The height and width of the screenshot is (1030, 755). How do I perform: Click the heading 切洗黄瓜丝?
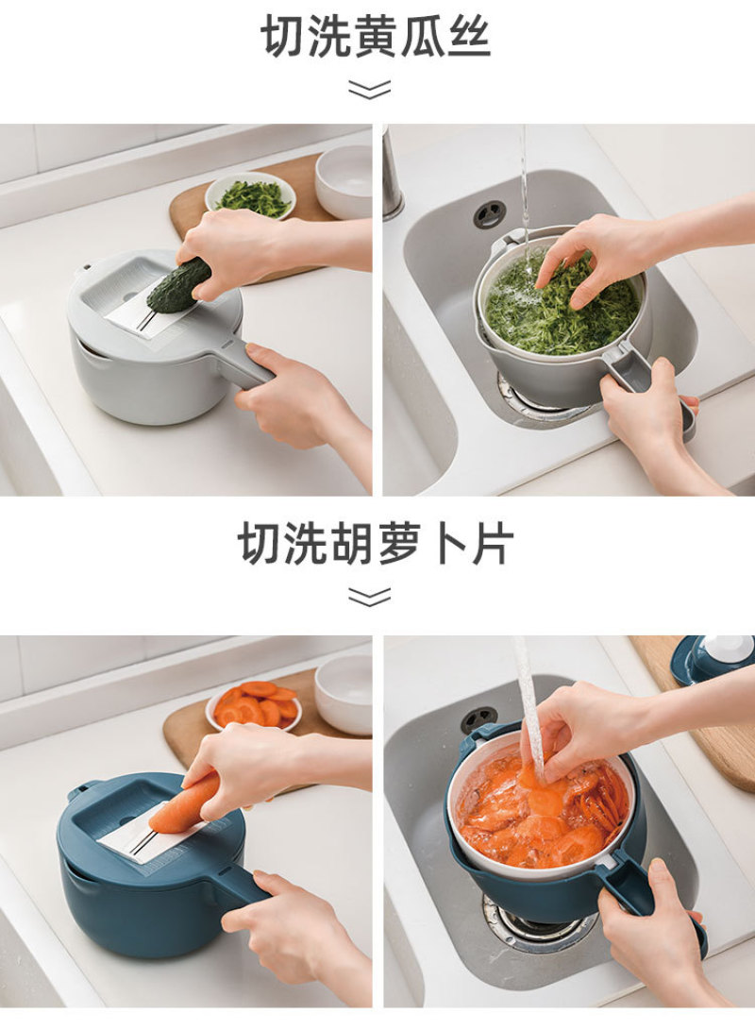[x=377, y=36]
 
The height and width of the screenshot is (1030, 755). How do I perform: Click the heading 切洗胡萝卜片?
[x=377, y=543]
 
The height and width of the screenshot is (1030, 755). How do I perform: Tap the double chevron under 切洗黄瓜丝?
[x=370, y=90]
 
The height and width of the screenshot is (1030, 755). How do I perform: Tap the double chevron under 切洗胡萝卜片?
[x=370, y=597]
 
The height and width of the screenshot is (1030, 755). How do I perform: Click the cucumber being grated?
[x=178, y=285]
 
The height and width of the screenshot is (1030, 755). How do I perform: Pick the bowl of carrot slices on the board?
[x=255, y=705]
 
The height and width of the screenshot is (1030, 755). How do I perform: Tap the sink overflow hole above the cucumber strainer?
[x=490, y=213]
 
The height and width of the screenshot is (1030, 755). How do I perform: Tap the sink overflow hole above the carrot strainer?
[x=479, y=720]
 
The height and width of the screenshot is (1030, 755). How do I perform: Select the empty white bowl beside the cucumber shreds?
[x=344, y=180]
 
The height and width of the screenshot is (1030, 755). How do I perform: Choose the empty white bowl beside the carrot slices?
[x=344, y=694]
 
